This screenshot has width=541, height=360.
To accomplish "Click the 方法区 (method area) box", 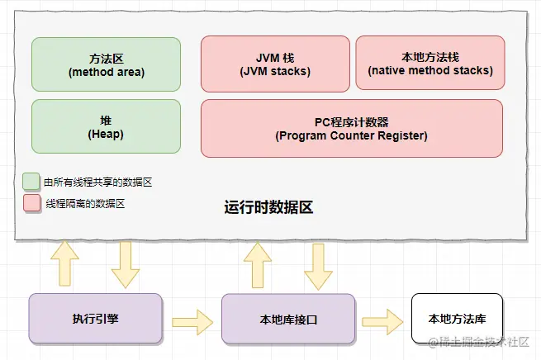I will click(106, 64).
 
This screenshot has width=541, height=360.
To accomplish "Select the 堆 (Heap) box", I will click(106, 126).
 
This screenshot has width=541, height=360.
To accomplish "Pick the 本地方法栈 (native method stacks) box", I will click(429, 64).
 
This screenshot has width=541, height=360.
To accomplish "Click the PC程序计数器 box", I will click(351, 128).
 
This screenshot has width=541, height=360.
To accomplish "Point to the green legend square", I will click(31, 181).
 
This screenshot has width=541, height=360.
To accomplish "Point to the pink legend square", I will click(31, 202).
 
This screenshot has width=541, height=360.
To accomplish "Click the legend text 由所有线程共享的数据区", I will click(93, 182).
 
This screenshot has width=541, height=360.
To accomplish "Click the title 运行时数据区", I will click(268, 207).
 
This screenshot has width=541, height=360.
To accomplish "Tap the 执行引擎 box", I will click(96, 318).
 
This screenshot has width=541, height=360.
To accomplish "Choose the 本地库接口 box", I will click(288, 318).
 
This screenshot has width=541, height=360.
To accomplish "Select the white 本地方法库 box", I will click(457, 318).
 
